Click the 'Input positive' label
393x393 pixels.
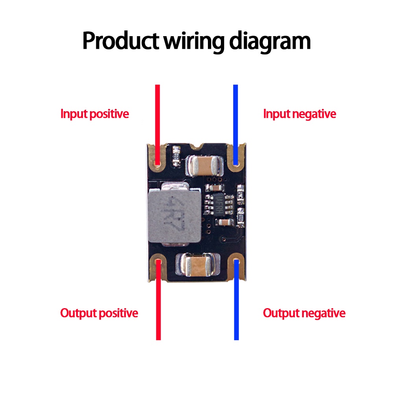pyautogui.click(x=95, y=114)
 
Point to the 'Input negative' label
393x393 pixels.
pyautogui.click(x=299, y=114)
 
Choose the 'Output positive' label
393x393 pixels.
pyautogui.click(x=99, y=313)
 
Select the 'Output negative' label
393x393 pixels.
pyautogui.click(x=304, y=313)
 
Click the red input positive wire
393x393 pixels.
pyautogui.click(x=158, y=118)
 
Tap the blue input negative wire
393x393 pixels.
pyautogui.click(x=235, y=118)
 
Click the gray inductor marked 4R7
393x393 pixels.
pyautogui.click(x=175, y=214)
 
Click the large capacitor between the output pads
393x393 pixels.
pyautogui.click(x=197, y=264)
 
